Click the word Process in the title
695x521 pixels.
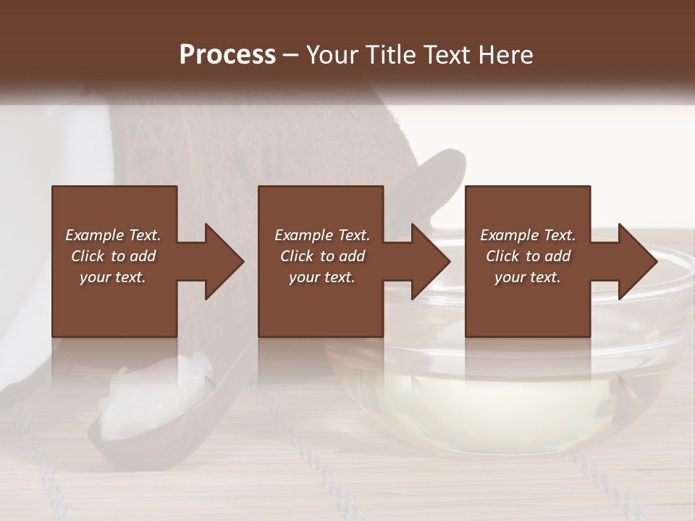click(227, 54)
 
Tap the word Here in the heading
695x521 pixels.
click(506, 54)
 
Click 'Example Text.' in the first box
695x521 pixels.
click(113, 235)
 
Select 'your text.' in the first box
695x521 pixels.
click(113, 277)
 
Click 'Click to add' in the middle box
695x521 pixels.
click(322, 256)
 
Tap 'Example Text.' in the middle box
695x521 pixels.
click(322, 235)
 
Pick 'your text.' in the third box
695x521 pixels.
click(528, 277)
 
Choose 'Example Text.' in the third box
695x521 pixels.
click(528, 235)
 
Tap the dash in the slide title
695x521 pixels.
click(291, 55)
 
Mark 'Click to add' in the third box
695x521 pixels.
click(528, 256)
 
